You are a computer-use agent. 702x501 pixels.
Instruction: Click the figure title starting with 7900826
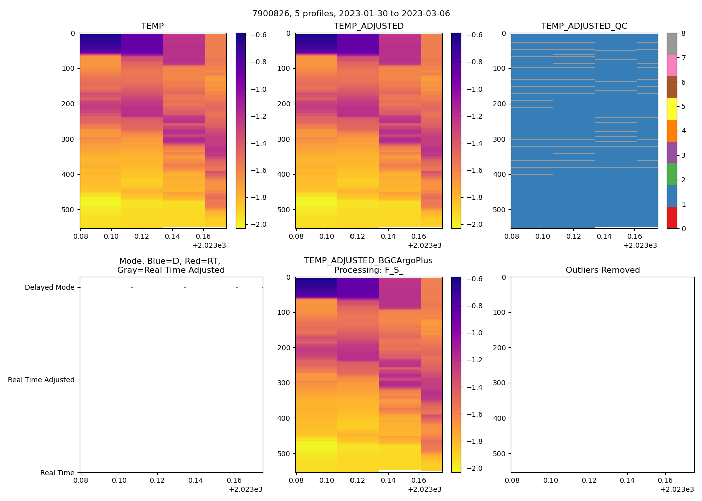click(351, 14)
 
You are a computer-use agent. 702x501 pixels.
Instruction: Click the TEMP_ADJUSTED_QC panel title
click(584, 26)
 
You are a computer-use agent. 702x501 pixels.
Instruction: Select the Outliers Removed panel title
click(602, 270)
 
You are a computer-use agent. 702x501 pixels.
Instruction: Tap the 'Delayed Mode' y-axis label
click(49, 288)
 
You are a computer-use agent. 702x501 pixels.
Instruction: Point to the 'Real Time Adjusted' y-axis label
click(41, 380)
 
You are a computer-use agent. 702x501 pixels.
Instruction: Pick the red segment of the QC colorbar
click(672, 218)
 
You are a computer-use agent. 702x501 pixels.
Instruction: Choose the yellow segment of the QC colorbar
click(672, 109)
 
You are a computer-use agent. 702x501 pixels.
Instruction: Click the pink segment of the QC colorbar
click(672, 66)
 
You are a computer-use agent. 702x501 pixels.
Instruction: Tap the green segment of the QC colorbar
click(672, 174)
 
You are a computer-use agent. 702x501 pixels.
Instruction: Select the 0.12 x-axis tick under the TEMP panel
click(142, 236)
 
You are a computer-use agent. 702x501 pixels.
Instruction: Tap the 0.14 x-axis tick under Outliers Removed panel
click(627, 480)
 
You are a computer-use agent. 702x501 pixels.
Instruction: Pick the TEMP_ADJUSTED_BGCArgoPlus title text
click(368, 261)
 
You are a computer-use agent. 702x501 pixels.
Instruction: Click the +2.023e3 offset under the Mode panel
click(245, 489)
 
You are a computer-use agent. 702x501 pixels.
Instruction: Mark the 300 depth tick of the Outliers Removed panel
click(500, 383)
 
